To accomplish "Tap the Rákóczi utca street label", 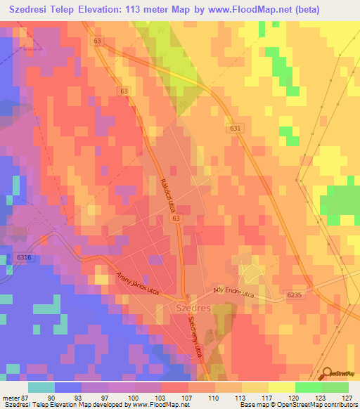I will pyautogui.click(x=168, y=192).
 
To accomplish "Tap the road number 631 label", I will pyautogui.click(x=235, y=129).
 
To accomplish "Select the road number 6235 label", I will pyautogui.click(x=296, y=296).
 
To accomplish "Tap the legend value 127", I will pyautogui.click(x=345, y=397).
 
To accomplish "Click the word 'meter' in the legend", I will pyautogui.click(x=9, y=397).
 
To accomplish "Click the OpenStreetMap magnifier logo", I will pyautogui.click(x=327, y=373).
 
